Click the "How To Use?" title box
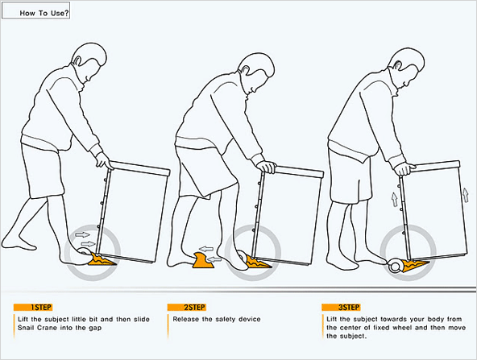point(36,10)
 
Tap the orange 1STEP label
point(33,308)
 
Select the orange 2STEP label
point(186,308)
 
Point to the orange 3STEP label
point(341,308)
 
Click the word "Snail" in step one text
point(26,328)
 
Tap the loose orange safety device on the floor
point(203,261)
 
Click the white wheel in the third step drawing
point(396,266)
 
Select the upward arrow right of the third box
point(465,195)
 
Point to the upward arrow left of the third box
point(394,199)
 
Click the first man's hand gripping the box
point(103,160)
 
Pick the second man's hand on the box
point(266,166)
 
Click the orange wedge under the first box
point(102,260)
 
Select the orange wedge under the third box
point(415,265)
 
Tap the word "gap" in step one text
point(95,329)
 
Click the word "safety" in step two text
point(226,319)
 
